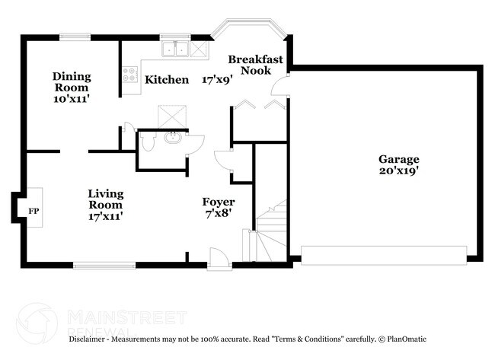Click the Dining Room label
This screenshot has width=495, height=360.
[72, 82]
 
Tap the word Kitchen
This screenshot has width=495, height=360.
[167, 79]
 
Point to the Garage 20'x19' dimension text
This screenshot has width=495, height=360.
[399, 171]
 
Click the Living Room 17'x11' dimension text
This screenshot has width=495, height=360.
[105, 216]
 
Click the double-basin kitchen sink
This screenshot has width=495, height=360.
[174, 49]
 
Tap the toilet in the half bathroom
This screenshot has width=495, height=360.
[148, 142]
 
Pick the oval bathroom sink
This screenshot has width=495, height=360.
[173, 139]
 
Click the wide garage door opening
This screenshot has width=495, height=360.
[384, 254]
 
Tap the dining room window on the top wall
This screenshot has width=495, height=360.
[75, 37]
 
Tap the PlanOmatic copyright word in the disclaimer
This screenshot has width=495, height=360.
[404, 339]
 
